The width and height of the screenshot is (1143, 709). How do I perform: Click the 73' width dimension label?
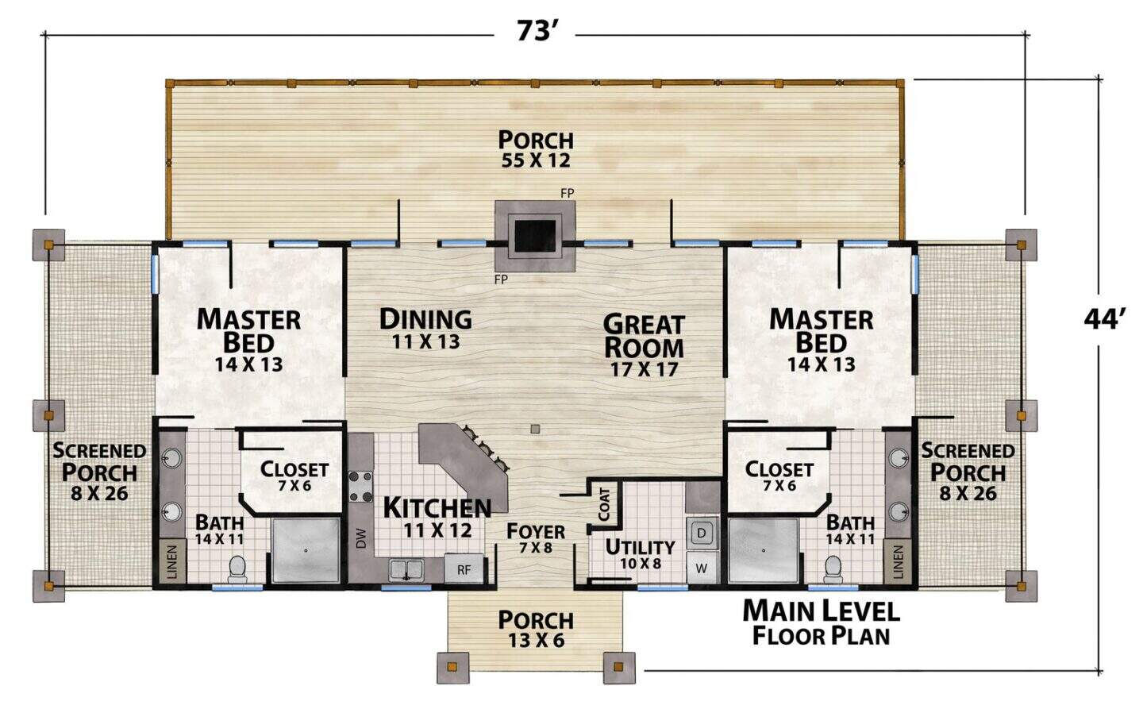pyautogui.click(x=535, y=31)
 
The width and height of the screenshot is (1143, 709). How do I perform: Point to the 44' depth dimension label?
pyautogui.click(x=1104, y=320)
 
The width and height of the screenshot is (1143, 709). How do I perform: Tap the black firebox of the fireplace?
pyautogui.click(x=535, y=236)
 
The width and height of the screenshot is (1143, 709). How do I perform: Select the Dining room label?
pyautogui.click(x=425, y=319)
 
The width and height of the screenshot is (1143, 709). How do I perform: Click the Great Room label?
pyautogui.click(x=644, y=337)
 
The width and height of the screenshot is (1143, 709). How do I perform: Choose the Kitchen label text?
pyautogui.click(x=437, y=508)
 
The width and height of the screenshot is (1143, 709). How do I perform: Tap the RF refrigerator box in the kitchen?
pyautogui.click(x=464, y=569)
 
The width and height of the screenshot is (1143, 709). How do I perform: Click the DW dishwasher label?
pyautogui.click(x=361, y=538)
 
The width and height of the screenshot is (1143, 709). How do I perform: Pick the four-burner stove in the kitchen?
pyautogui.click(x=360, y=487)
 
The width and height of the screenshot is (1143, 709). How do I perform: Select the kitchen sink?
pyautogui.click(x=406, y=569)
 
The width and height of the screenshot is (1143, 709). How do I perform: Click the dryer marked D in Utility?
pyautogui.click(x=702, y=534)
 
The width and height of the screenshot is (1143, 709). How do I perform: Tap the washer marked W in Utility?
pyautogui.click(x=702, y=568)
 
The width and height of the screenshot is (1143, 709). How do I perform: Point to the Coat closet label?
pyautogui.click(x=605, y=504)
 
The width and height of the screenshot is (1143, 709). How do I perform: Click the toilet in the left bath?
pyautogui.click(x=237, y=568)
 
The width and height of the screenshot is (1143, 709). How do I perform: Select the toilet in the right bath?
pyautogui.click(x=833, y=569)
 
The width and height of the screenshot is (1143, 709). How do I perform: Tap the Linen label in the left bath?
pyautogui.click(x=172, y=562)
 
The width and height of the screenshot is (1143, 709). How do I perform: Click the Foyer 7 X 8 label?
pyautogui.click(x=536, y=538)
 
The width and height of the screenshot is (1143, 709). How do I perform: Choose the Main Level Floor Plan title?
pyautogui.click(x=821, y=622)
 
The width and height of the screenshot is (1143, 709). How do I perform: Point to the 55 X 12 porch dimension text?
pyautogui.click(x=536, y=160)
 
